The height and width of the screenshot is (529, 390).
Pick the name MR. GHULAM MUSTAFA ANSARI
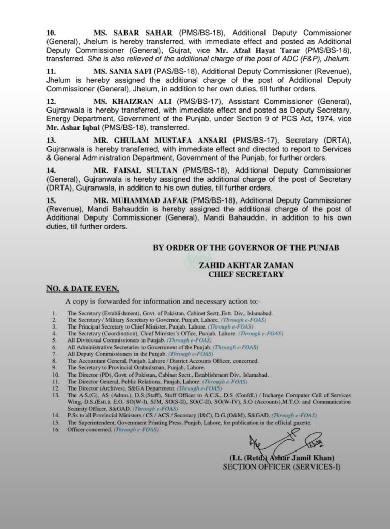[x=158, y=141]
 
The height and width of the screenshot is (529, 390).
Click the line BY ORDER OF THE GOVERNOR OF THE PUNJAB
[x=246, y=248]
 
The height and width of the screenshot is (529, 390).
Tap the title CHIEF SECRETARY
[x=246, y=275]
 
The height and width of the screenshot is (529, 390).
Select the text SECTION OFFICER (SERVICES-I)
[x=282, y=467]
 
